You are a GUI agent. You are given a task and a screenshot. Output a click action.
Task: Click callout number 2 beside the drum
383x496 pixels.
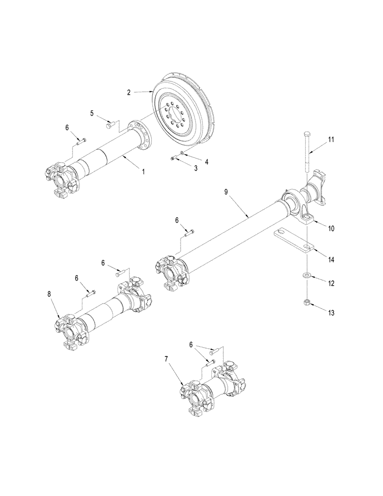128,92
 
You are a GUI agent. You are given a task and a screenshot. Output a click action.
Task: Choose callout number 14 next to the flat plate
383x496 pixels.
331,259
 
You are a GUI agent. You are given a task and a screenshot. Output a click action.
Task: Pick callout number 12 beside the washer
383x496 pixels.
331,284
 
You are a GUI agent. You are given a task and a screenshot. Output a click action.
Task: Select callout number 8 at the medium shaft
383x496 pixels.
49,294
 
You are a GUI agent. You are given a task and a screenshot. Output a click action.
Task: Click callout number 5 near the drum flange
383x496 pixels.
91,113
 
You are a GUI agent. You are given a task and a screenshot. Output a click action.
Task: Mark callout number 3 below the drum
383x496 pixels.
195,169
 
